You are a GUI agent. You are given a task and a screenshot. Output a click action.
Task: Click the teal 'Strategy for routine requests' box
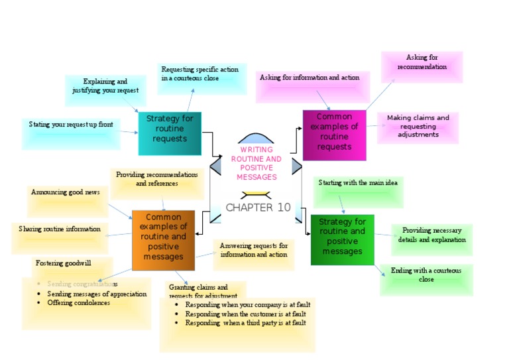tap(170, 133)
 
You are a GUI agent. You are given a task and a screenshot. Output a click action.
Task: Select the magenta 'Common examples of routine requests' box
tap(334, 135)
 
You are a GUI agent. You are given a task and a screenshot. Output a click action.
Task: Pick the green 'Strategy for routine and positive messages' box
tap(342, 239)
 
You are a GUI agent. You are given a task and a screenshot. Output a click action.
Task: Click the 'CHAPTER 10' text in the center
tap(258, 208)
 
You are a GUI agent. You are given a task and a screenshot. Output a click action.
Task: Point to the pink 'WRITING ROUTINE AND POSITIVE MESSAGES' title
tap(256, 164)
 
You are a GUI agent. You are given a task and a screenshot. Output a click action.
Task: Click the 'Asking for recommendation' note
tap(422, 66)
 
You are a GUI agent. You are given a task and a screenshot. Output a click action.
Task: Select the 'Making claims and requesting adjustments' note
tap(418, 127)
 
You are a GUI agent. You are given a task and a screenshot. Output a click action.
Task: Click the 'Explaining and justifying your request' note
tap(105, 90)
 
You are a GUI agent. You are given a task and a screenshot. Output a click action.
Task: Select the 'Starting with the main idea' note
tap(358, 192)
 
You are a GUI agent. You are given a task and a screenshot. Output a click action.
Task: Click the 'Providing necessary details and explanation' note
tap(431, 239)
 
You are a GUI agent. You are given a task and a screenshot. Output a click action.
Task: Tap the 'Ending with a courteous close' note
tap(426, 279)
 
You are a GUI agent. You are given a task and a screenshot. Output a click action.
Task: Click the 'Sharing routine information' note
tap(60, 237)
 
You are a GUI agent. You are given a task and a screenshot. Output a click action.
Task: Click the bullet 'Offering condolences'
tap(78, 303)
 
